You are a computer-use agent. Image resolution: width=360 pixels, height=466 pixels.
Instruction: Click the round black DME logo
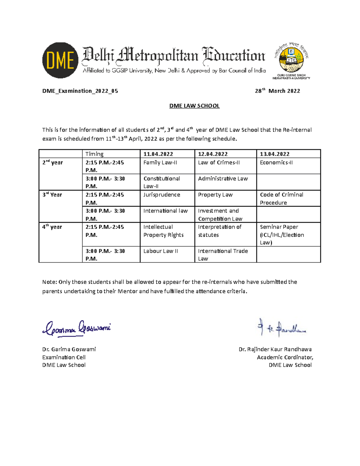60,60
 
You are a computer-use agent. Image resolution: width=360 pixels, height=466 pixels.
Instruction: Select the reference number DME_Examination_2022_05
80,91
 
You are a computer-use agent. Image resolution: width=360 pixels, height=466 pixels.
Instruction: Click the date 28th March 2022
277,91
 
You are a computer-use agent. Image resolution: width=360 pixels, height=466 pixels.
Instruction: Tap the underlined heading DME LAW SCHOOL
194,106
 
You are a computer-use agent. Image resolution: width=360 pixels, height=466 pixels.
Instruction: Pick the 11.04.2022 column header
158,154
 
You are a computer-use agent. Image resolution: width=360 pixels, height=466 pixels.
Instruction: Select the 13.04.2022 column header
274,154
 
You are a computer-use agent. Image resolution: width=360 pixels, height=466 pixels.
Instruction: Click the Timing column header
94,154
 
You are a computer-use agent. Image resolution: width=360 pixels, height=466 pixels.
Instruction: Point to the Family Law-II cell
160,163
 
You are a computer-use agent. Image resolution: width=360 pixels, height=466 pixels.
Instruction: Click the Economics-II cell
276,163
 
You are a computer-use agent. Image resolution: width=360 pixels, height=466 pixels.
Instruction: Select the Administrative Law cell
223,179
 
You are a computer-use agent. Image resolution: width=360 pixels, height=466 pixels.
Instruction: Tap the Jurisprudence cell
162,195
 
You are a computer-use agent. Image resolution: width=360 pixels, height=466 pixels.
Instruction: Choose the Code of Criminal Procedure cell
281,198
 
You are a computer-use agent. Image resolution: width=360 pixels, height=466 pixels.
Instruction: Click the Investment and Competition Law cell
220,215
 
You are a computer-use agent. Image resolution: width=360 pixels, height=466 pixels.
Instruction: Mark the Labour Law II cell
160,251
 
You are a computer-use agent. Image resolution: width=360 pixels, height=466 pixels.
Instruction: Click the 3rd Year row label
52,195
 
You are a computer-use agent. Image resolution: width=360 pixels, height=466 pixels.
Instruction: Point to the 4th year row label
52,227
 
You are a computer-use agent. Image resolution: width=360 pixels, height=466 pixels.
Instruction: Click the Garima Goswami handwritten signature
77,328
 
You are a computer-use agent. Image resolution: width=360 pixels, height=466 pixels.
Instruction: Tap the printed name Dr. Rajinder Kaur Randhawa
275,349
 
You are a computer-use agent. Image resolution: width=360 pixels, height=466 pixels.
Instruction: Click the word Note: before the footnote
49,282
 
